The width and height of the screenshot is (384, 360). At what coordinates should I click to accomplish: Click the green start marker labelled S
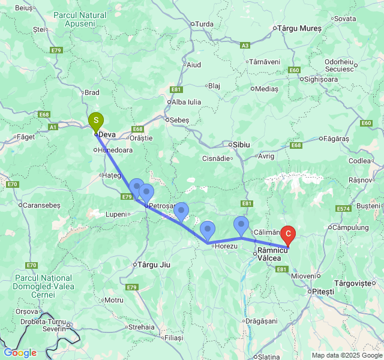coord(95,122)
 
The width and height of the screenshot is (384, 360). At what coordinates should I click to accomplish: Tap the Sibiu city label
coord(240,145)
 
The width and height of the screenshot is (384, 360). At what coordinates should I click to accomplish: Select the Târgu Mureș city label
coord(298,28)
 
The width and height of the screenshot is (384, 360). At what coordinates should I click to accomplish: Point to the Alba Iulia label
coord(186,102)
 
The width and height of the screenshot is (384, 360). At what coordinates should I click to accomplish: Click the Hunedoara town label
coord(115,150)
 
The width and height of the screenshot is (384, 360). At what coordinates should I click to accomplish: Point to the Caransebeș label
coord(42,205)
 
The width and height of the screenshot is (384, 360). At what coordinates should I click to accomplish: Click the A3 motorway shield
coord(245,45)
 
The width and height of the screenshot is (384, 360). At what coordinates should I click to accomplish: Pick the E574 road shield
coord(343,208)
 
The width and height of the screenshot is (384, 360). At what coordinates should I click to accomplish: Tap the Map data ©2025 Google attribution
coord(346,355)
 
